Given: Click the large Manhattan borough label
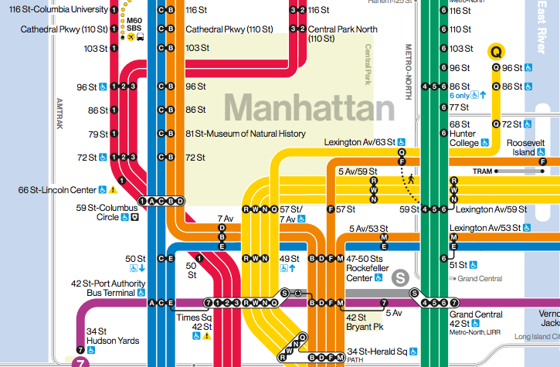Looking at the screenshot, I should click(310, 107).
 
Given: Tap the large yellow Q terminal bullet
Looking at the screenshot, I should click(496, 52).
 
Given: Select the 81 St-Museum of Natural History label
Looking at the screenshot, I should click(246, 134).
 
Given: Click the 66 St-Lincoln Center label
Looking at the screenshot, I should click(58, 189).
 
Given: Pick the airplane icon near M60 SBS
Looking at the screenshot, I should click(131, 36).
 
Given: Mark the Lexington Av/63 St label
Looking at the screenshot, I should click(365, 142).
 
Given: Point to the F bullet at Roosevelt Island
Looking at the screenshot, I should click(543, 161).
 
